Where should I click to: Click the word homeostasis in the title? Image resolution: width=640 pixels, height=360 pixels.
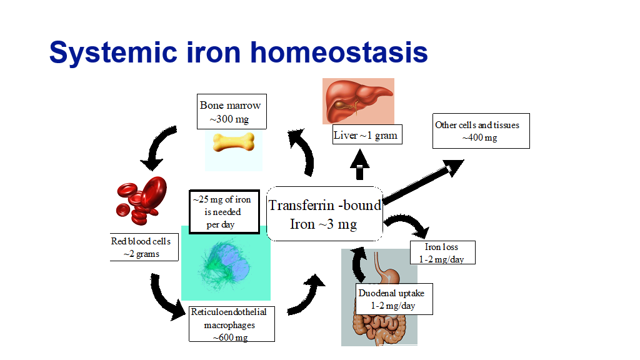click(339, 52)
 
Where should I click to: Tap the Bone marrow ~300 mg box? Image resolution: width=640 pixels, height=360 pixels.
click(231, 111)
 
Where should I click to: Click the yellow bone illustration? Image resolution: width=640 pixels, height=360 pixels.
click(234, 142)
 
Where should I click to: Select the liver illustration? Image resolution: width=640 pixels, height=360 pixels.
click(358, 101)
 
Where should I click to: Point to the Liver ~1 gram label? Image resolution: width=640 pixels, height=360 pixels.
click(367, 135)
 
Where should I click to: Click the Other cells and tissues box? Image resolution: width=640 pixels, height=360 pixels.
click(481, 131)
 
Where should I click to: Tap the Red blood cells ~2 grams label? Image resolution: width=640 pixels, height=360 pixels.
click(144, 247)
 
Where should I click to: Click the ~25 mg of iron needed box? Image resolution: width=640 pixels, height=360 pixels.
click(224, 212)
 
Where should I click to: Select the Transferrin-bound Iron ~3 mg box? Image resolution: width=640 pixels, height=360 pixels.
click(324, 214)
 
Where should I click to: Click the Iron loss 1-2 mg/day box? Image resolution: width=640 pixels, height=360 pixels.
click(442, 252)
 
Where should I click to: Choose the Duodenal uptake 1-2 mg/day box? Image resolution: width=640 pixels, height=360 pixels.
click(394, 299)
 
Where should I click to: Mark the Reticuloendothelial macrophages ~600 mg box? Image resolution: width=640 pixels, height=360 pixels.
click(231, 324)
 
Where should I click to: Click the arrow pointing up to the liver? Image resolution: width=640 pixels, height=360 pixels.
click(359, 164)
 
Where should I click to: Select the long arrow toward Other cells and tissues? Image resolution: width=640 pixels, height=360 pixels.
click(423, 181)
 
